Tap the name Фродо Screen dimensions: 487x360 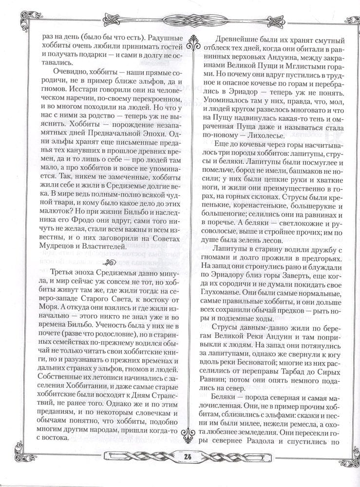pyautogui.click(x=94, y=220)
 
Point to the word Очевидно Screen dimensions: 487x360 pyautogui.click(x=63, y=75)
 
